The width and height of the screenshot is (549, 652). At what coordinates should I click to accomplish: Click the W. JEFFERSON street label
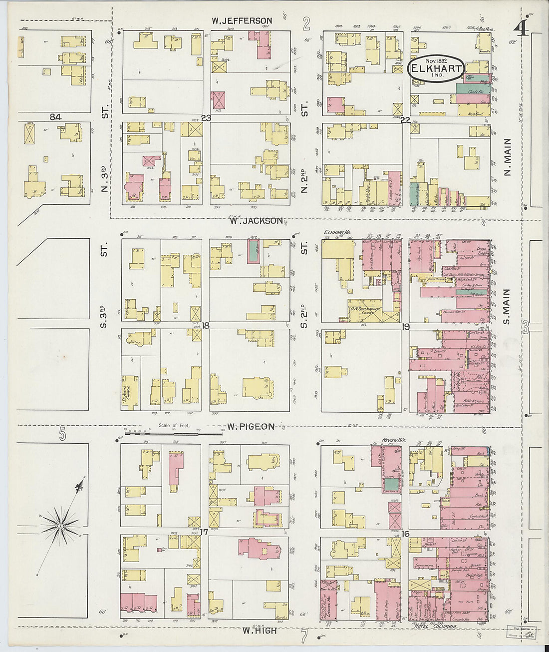pos(242,21)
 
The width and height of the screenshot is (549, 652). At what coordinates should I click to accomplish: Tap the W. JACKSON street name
pos(256,220)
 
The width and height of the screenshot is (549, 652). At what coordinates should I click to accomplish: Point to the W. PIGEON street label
pos(251,426)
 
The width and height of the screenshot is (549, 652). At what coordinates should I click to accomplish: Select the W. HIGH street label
pos(259,631)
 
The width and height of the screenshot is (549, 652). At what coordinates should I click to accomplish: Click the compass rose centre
pos(60,525)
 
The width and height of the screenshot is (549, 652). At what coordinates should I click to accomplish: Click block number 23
pos(206,118)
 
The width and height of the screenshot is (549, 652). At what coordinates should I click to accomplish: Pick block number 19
pos(405,327)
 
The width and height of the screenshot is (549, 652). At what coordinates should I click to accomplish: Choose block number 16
pos(405,534)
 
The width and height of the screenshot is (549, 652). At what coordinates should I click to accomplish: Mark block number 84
pos(55,117)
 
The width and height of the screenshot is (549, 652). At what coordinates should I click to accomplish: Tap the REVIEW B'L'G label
pos(392,440)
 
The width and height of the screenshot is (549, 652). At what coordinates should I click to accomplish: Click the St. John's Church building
pos(130,392)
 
